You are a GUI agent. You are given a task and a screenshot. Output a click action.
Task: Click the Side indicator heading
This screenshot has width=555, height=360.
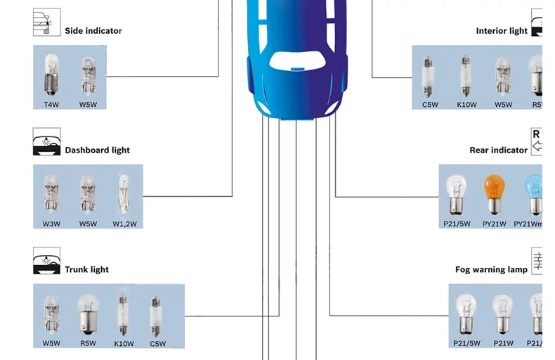coord(93,31)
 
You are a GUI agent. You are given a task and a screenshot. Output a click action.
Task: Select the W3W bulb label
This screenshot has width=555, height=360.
coord(50,224)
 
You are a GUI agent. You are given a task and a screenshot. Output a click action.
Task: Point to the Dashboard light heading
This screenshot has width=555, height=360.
coord(97,150)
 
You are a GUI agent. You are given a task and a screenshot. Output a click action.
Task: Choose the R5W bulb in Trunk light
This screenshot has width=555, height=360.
coord(87,314)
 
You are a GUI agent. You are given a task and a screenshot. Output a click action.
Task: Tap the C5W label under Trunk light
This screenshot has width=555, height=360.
coord(157,344)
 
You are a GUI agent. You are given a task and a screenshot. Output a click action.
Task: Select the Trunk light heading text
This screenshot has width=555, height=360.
coord(86,270)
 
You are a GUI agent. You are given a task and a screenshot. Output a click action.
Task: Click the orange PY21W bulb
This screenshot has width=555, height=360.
coord(494,195)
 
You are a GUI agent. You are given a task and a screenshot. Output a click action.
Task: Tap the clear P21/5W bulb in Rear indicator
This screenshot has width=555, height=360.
coord(457,195)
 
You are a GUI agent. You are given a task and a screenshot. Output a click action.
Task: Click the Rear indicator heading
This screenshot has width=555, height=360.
coord(498,150)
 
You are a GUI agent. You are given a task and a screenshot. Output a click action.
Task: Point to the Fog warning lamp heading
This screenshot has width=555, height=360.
coord(491,270)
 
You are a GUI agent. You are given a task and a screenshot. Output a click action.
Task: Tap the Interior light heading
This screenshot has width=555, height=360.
coord(501,31)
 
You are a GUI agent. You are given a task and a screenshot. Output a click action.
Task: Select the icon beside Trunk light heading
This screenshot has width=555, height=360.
coord(46,262)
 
